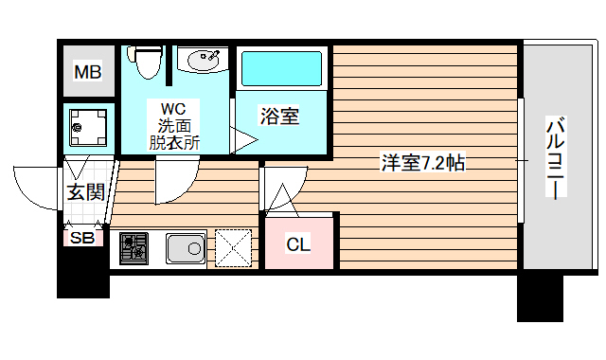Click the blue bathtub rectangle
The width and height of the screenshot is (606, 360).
[280, 69]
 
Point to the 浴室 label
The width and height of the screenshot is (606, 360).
[280, 117]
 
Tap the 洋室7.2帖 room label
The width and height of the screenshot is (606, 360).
[422, 162]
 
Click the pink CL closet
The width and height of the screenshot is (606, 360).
[299, 243]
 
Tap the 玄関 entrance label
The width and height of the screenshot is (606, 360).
[85, 192]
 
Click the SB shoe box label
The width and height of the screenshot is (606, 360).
[82, 238]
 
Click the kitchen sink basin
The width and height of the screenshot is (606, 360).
[187, 250]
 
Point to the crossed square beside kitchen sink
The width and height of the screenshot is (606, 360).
[234, 248]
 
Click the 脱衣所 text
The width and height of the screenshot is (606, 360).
[174, 143]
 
